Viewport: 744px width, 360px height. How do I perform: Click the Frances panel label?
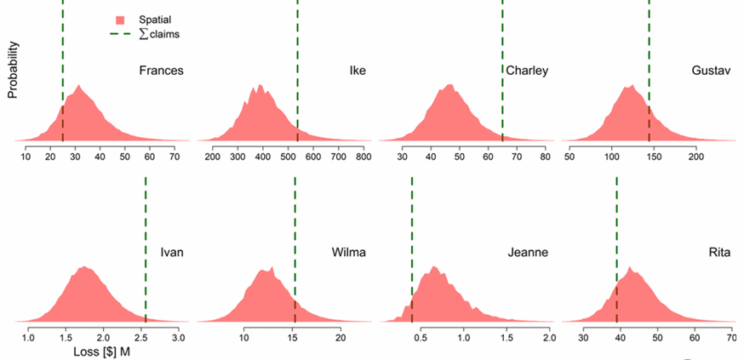pyautogui.click(x=161, y=70)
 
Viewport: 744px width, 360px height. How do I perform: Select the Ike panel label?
pyautogui.click(x=358, y=70)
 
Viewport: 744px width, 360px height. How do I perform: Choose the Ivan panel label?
pyautogui.click(x=172, y=252)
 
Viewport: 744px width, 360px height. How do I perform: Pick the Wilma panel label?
pyautogui.click(x=349, y=252)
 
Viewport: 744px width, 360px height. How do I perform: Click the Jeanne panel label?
pyautogui.click(x=528, y=252)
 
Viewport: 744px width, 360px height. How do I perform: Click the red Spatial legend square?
pyautogui.click(x=121, y=19)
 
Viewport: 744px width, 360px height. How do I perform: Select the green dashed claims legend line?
pyautogui.click(x=121, y=34)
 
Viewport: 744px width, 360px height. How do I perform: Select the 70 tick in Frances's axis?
pyautogui.click(x=175, y=157)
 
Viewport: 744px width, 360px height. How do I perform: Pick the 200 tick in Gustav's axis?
pyautogui.click(x=696, y=157)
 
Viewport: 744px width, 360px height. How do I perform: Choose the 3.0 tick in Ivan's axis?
pyautogui.click(x=178, y=338)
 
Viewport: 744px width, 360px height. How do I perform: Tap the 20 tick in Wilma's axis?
pyautogui.click(x=340, y=338)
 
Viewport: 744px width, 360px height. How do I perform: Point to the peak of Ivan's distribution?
pyautogui.click(x=84, y=267)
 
